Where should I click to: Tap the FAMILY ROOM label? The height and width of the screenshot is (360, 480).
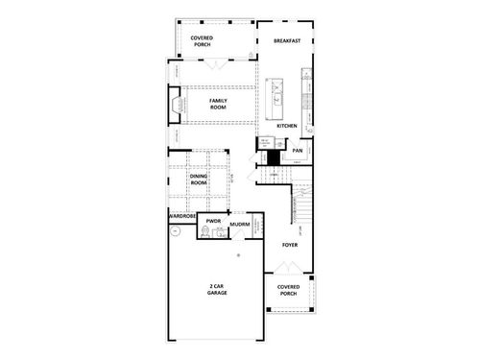pos(217,103)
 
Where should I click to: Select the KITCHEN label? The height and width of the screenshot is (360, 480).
pos(286,126)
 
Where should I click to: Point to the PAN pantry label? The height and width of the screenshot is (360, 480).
pos(298,151)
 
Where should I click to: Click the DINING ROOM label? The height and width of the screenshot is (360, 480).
pos(200,179)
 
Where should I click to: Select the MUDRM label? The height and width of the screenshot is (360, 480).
pos(241,225)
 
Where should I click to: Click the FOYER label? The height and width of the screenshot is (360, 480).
pos(290,246)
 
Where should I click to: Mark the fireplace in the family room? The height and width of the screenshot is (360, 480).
pos(175,104)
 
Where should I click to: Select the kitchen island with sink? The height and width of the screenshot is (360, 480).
pos(278,94)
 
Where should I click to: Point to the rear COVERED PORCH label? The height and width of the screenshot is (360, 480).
pos(202,40)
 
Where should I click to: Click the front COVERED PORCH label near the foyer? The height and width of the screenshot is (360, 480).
pos(289,290)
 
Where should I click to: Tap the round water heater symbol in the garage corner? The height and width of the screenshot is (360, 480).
pos(239,255)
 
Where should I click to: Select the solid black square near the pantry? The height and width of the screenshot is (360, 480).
pos(272,156)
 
